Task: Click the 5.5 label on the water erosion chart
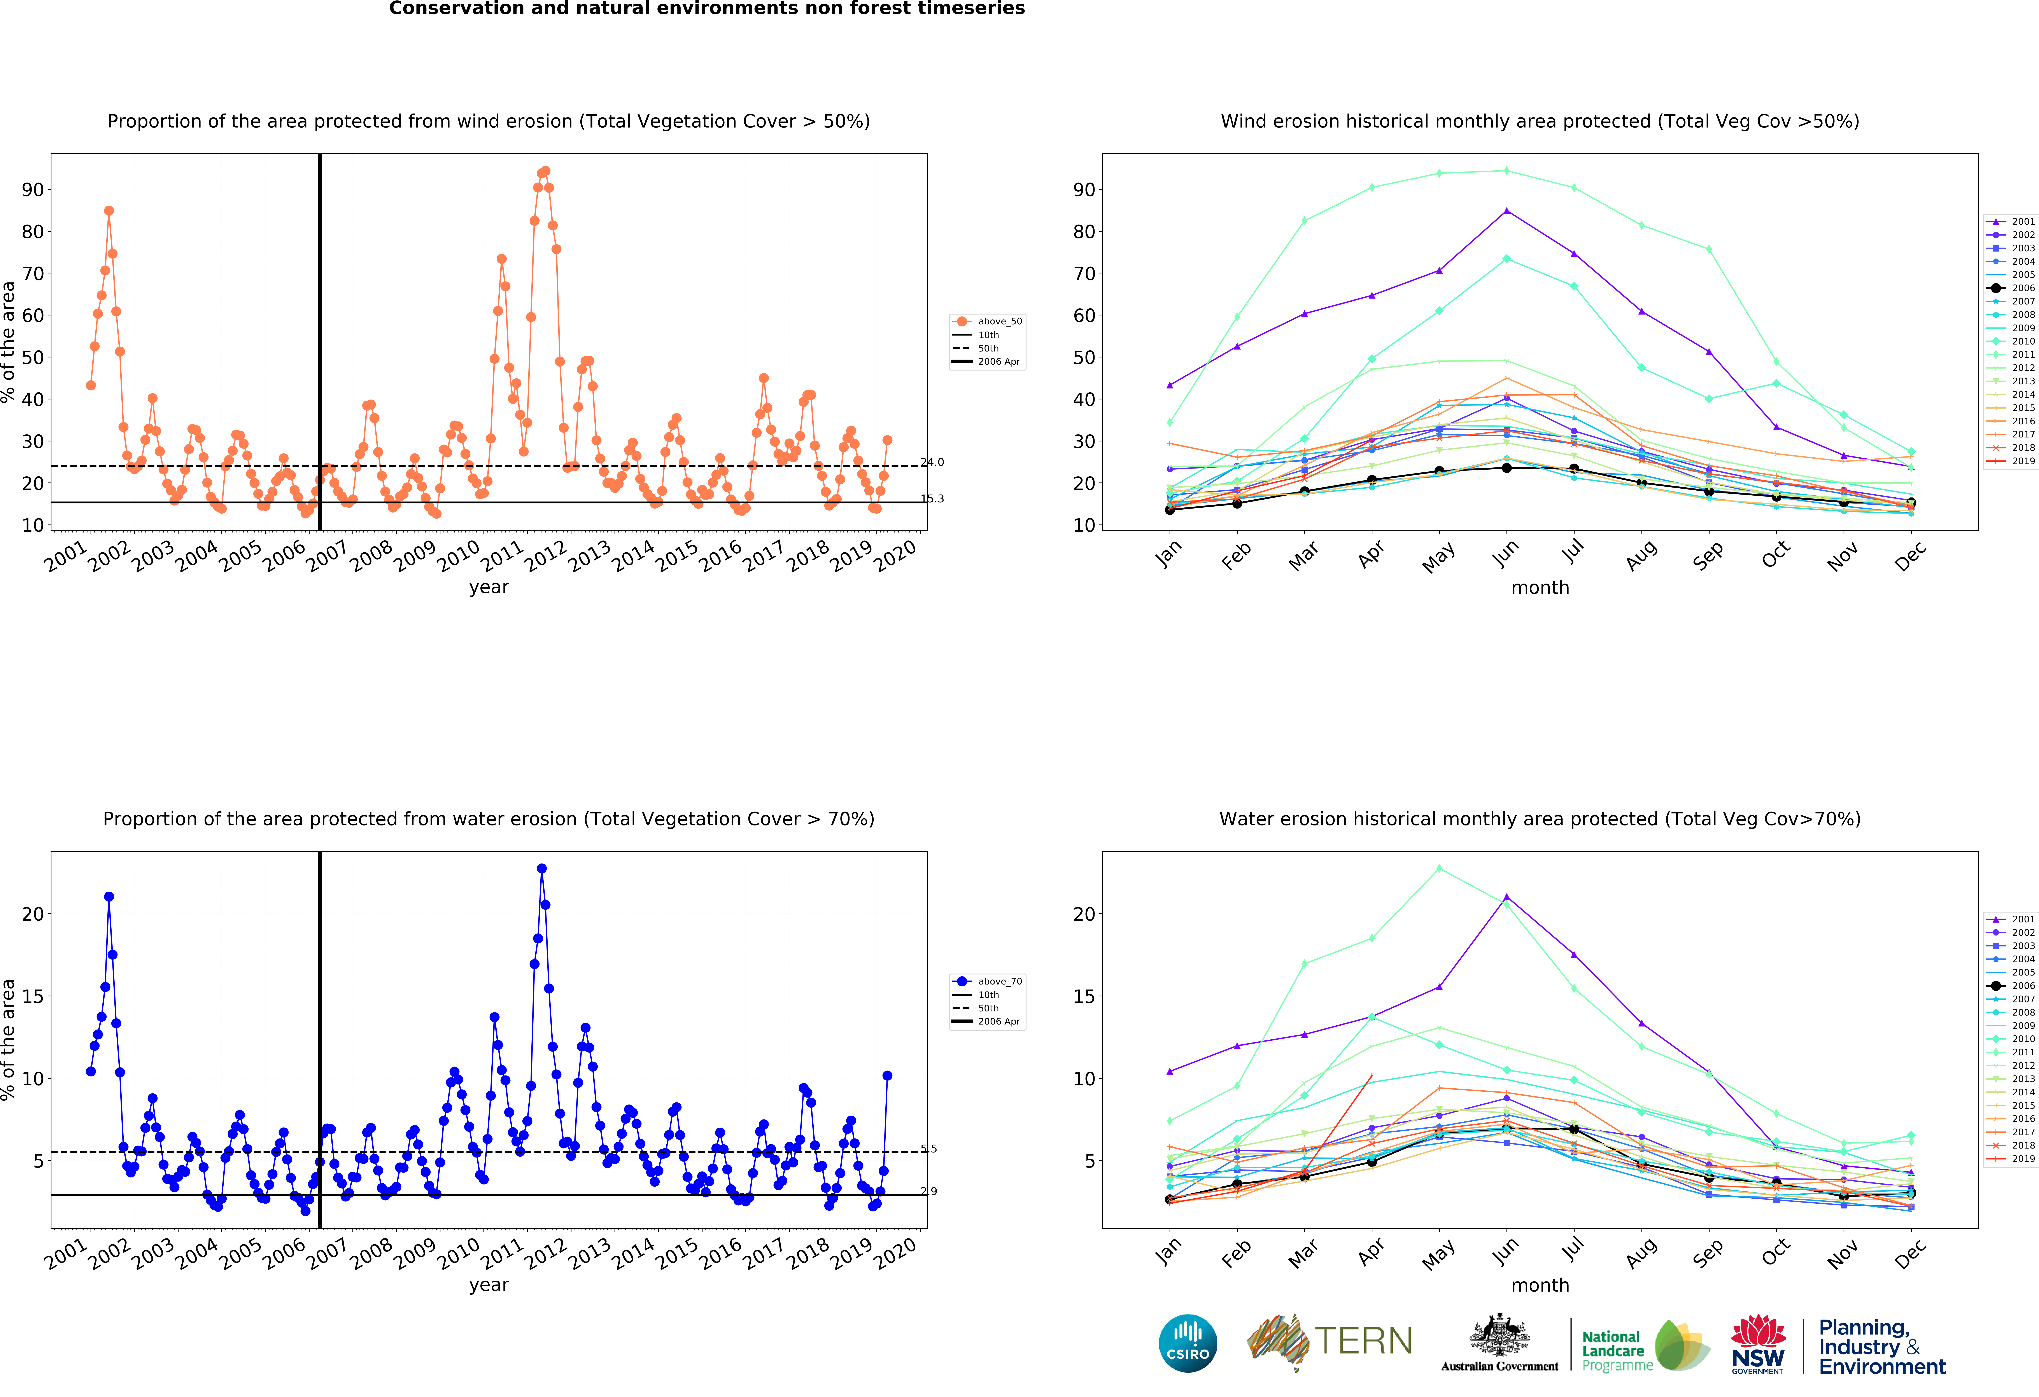tap(929, 1149)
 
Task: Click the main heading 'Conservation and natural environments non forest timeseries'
tap(706, 9)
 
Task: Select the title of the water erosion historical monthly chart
tap(1540, 819)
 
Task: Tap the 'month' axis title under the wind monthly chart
tap(1540, 587)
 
